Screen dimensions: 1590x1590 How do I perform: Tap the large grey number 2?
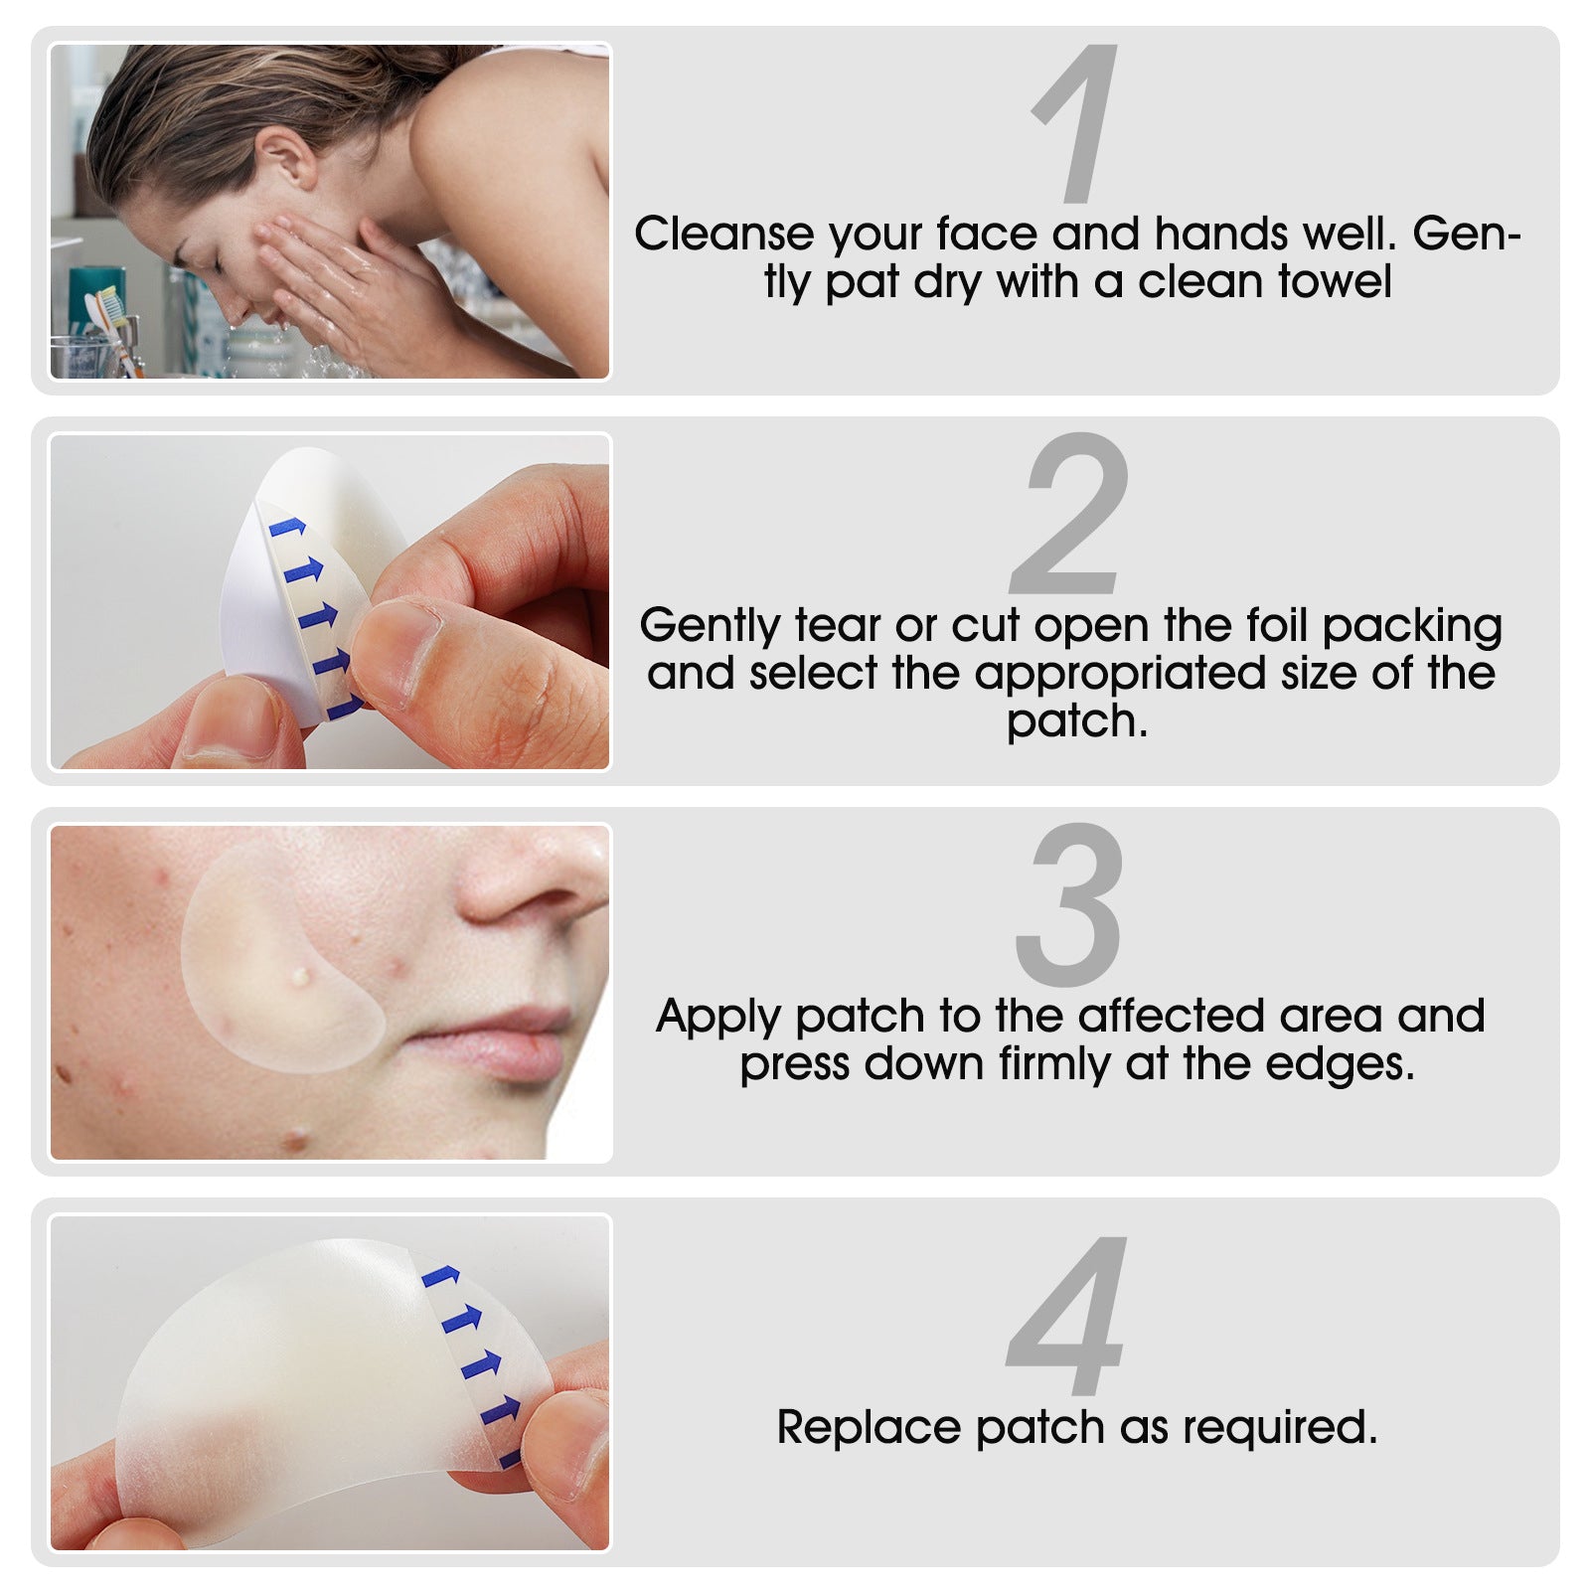click(1071, 514)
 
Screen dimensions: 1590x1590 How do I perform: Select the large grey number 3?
click(1069, 904)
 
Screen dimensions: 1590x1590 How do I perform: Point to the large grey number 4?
click(1069, 1314)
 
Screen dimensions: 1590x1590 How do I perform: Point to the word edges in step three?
click(1338, 1064)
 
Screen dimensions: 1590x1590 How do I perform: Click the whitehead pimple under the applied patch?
click(299, 977)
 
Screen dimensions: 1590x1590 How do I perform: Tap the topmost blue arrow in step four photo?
click(440, 1276)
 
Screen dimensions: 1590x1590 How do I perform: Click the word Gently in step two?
click(710, 626)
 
